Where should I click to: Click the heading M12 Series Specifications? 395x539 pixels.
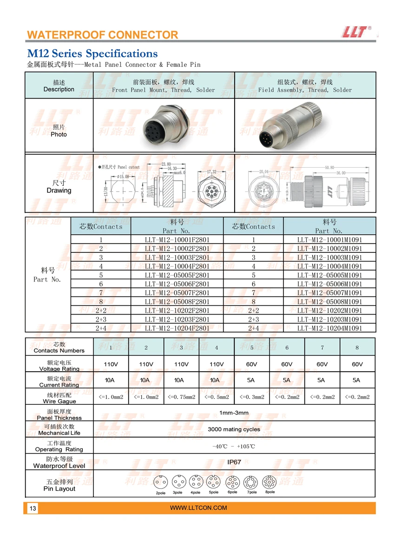[x=92, y=53]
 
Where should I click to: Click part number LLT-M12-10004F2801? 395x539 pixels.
[x=177, y=266]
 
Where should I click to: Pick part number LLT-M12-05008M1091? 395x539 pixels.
[x=329, y=302]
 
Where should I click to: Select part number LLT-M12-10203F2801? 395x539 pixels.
[x=177, y=319]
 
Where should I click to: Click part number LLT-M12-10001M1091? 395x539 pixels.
[x=329, y=240]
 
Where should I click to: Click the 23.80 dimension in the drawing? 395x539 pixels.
[x=166, y=164]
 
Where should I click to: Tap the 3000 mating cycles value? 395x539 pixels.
[x=234, y=429]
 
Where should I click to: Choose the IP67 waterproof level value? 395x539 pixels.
[x=234, y=462]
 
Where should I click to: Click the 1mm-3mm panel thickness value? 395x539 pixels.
[x=234, y=413]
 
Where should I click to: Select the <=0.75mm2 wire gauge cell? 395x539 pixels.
[x=181, y=397]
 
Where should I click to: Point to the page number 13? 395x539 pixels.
[x=33, y=508]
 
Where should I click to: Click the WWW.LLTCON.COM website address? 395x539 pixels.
[x=198, y=508]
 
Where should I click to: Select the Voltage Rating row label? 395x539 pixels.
[x=59, y=365]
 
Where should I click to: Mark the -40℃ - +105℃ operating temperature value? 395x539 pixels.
[x=234, y=446]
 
